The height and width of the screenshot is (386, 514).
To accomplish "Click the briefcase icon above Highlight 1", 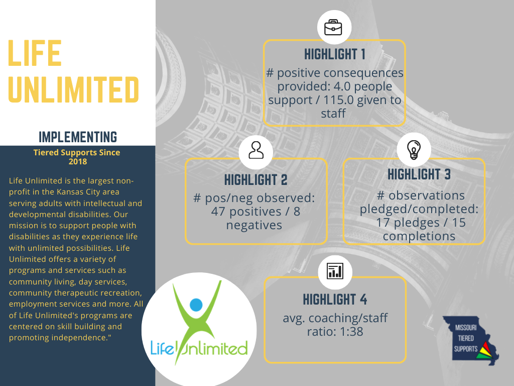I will (x=333, y=27).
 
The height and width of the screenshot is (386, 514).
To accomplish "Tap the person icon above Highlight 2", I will (x=255, y=150).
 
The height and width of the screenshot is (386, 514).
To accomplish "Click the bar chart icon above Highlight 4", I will (x=334, y=271).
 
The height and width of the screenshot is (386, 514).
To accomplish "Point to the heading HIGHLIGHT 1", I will (x=334, y=54).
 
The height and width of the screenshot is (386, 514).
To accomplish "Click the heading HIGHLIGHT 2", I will (x=255, y=179).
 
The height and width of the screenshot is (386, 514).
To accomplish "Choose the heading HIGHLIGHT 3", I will (x=419, y=174).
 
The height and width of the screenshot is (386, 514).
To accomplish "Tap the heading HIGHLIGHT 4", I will (x=334, y=300).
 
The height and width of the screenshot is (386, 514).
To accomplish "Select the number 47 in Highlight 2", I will (x=218, y=212).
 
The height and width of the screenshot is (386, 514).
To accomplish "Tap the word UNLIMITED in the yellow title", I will (x=74, y=89).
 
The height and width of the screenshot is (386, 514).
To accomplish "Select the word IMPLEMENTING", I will (x=77, y=137).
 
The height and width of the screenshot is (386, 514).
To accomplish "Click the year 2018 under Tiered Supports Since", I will (x=77, y=161).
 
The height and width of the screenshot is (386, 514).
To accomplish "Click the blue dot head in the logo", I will (x=196, y=305).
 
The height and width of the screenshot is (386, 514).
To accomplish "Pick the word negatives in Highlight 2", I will (x=254, y=225).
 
